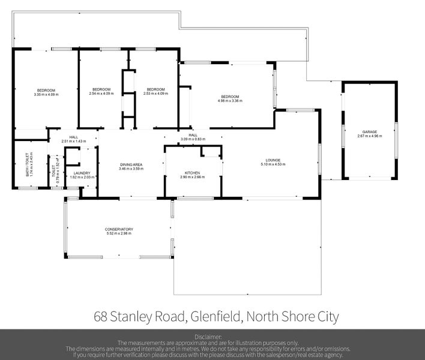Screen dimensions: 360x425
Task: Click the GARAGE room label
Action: [x=369, y=131]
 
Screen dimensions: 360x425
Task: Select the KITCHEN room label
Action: [x=192, y=173]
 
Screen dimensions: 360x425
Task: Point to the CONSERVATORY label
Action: [x=118, y=229]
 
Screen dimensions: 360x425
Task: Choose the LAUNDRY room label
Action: [x=82, y=173]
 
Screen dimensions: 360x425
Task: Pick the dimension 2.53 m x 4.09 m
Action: [x=155, y=93]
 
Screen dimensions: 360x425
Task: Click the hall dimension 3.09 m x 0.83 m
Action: [x=193, y=139]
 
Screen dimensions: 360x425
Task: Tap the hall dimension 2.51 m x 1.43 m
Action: [x=74, y=141]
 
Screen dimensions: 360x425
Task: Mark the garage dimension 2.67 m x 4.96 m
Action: [x=369, y=136]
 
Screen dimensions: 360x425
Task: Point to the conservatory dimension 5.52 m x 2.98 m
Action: [x=118, y=233]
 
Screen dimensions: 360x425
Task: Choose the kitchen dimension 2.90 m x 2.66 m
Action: [x=192, y=177]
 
